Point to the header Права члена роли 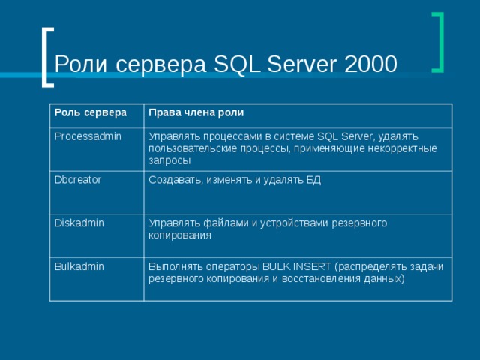(x=196, y=113)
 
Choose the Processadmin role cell (x=87, y=136)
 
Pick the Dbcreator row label (x=78, y=180)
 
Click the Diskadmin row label (x=78, y=223)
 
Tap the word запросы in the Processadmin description (x=169, y=160)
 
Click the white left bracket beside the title (x=47, y=56)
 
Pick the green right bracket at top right (x=437, y=42)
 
